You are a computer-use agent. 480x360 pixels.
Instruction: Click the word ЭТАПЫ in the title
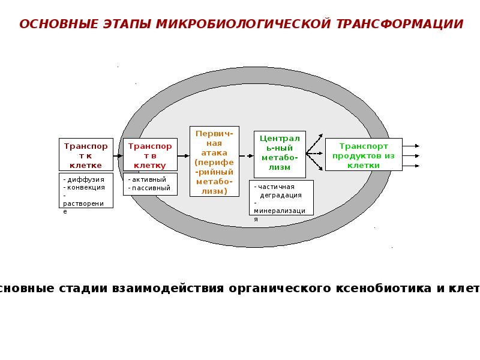pyautogui.click(x=124, y=24)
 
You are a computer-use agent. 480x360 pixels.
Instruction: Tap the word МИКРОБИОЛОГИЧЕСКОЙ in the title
pyautogui.click(x=244, y=24)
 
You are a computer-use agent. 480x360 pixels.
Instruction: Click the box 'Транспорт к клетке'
pyautogui.click(x=86, y=154)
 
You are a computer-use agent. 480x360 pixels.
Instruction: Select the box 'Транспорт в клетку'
pyautogui.click(x=150, y=154)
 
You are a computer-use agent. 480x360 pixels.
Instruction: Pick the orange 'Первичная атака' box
pyautogui.click(x=214, y=161)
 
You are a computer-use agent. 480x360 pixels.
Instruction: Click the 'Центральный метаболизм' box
pyautogui.click(x=280, y=154)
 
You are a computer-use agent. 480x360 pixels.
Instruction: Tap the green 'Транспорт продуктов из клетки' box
pyautogui.click(x=364, y=154)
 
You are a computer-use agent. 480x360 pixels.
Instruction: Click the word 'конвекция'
pyautogui.click(x=86, y=187)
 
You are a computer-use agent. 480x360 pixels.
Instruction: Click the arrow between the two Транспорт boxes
pyautogui.click(x=118, y=155)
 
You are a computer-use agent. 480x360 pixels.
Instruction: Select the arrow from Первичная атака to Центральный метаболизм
pyautogui.click(x=246, y=155)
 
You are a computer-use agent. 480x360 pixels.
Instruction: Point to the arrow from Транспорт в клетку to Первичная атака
pyautogui.click(x=183, y=155)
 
